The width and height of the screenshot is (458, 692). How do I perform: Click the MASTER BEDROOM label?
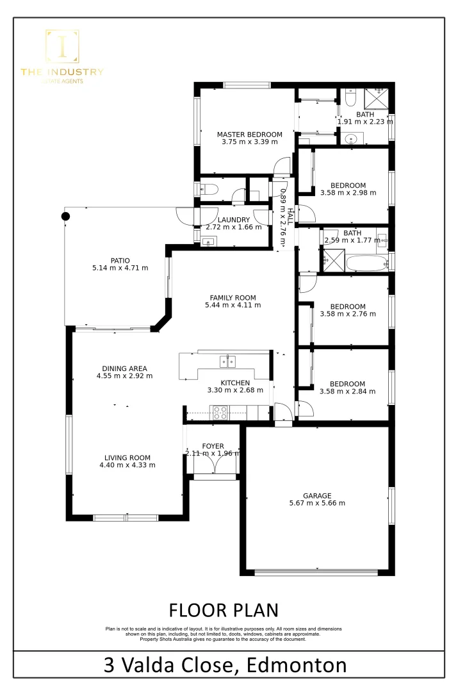[249, 135]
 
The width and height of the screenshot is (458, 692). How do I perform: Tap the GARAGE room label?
[317, 495]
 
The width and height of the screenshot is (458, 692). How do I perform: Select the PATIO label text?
[120, 260]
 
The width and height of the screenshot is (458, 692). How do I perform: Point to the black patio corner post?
[65, 216]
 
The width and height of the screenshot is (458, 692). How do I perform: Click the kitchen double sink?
[227, 361]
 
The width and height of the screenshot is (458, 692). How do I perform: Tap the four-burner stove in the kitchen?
[220, 413]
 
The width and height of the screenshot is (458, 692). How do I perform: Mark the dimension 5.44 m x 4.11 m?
[233, 306]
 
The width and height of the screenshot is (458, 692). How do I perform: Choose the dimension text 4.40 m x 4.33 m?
[127, 465]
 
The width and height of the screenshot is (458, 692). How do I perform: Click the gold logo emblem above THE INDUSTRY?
[62, 47]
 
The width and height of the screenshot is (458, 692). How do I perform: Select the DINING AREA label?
[124, 368]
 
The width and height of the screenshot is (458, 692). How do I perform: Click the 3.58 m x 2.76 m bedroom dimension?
[348, 315]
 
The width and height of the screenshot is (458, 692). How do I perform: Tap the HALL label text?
[290, 216]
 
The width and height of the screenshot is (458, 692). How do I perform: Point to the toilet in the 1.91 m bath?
[350, 97]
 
